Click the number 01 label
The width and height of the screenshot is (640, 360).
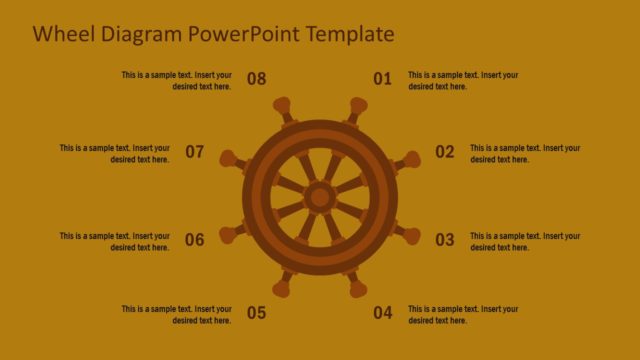[382, 79]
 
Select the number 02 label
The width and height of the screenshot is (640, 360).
[444, 152]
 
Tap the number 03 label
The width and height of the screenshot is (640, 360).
[444, 240]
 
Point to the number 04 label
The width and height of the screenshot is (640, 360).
[382, 313]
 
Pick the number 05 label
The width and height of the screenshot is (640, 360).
[256, 313]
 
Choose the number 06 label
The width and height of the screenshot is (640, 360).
[194, 240]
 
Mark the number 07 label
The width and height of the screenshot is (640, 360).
[194, 152]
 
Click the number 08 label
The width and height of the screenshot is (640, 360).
[256, 79]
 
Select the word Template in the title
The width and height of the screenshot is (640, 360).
[351, 34]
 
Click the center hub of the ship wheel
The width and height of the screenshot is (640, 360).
[320, 197]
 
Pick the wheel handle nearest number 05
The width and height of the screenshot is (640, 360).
[283, 288]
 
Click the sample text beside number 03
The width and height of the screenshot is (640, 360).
[525, 241]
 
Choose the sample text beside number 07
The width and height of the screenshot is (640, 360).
[114, 153]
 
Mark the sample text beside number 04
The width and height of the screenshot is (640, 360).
[463, 314]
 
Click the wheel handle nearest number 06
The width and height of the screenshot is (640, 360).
[229, 235]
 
